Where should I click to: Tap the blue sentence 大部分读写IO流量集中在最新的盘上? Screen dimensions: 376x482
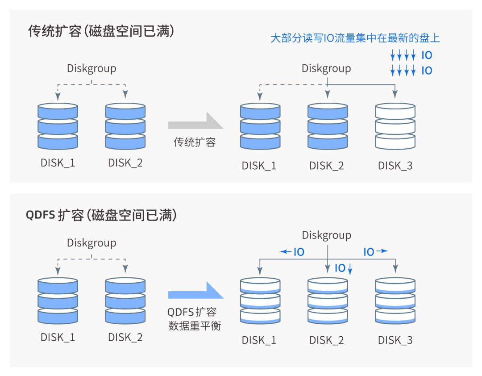coord(355,38)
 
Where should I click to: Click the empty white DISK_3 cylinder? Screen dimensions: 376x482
coord(395,126)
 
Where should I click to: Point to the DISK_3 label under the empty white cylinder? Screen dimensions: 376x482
coord(395,166)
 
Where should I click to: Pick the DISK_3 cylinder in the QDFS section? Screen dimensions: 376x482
coord(395,301)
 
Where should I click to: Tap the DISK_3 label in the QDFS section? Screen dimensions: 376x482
coord(395,340)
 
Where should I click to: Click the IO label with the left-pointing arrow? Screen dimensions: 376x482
coord(293,252)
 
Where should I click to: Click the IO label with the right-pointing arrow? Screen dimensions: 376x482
coord(374,252)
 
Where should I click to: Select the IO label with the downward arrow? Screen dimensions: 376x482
coord(343,268)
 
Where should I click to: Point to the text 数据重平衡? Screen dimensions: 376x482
coord(195,326)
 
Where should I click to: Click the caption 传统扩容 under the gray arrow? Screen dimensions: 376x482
coord(195,142)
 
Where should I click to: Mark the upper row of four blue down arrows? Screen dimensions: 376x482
coord(403,56)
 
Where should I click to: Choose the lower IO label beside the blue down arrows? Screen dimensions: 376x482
coord(427,71)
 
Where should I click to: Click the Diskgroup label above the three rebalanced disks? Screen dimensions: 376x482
coord(326,235)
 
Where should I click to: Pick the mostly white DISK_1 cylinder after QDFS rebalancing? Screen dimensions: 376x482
coord(260,301)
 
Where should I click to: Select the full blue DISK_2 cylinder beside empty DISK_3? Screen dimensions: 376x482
coord(328,126)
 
